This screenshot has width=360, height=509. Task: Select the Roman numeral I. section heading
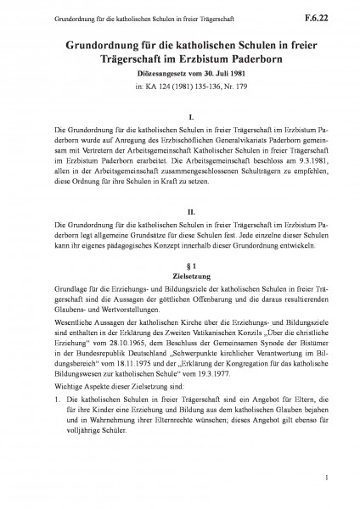[x=180, y=116]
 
